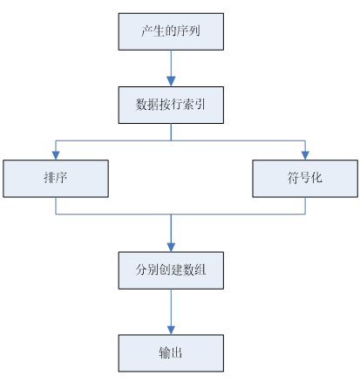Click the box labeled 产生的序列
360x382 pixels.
[x=170, y=31]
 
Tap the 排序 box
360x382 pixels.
[x=56, y=178]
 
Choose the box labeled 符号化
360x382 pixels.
[x=304, y=178]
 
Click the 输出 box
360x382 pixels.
[x=170, y=351]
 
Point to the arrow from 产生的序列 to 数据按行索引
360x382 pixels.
[x=170, y=68]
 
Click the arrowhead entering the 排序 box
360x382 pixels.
[x=56, y=156]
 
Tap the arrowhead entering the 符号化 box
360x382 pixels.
[x=304, y=156]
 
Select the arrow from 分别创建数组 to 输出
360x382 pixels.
[x=170, y=311]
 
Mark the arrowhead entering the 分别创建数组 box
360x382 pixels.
[x=170, y=248]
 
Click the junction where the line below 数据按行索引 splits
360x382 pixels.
[x=170, y=140]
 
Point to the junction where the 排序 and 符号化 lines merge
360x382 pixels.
[x=170, y=215]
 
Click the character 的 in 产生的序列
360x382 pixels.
[x=170, y=32]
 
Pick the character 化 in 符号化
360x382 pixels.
[x=316, y=179]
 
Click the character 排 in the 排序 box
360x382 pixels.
[x=50, y=179]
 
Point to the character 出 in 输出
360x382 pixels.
[x=177, y=352]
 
